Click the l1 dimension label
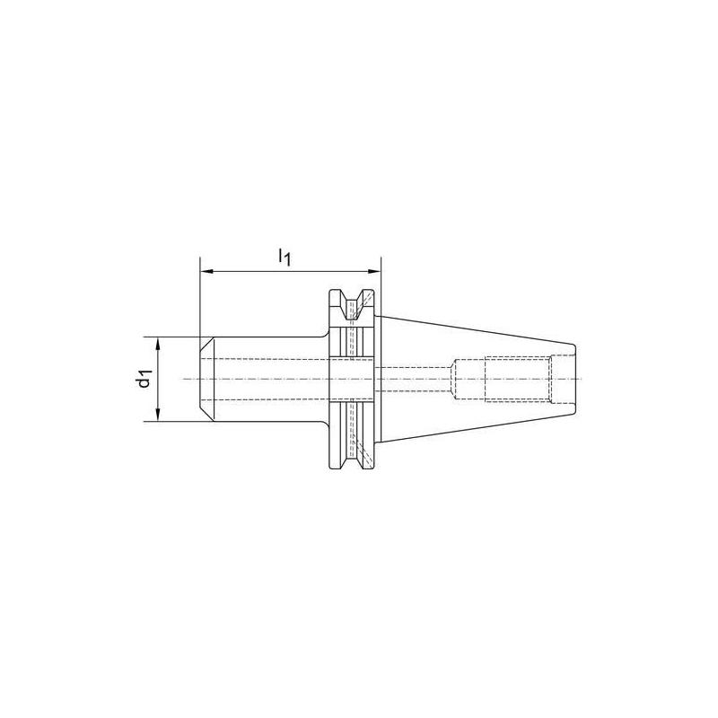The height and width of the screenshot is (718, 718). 285,258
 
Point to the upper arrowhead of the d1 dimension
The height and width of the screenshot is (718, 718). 158,343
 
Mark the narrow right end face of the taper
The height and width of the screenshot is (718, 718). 572,379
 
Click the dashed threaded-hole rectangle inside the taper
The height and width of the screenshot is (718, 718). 515,379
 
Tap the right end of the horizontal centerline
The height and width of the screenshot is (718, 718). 582,379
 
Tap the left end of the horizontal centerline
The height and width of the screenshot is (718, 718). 185,379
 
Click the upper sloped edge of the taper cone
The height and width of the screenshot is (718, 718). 476,328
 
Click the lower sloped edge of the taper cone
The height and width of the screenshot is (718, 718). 476,429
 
